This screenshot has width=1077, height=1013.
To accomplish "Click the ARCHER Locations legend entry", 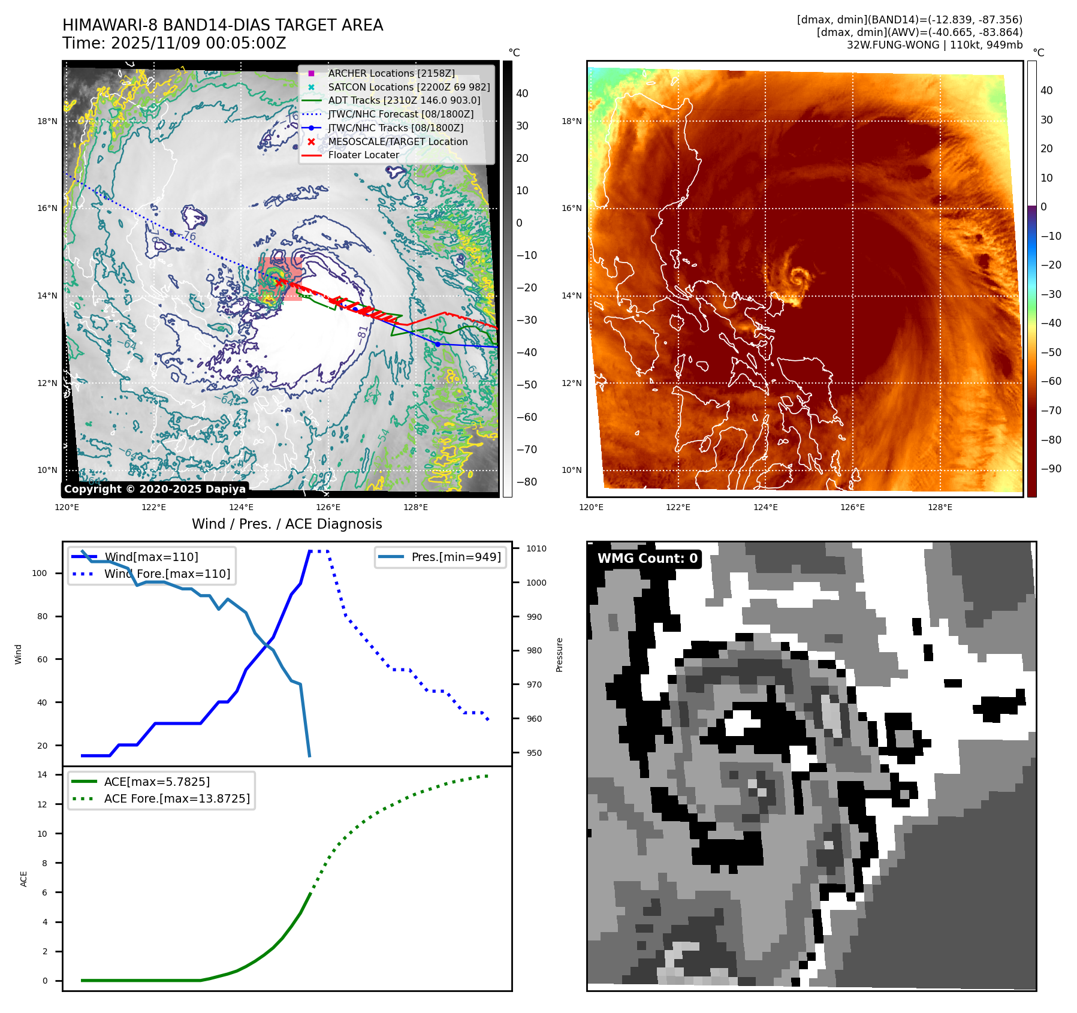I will [x=391, y=73].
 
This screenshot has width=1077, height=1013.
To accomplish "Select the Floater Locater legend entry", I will [x=363, y=155].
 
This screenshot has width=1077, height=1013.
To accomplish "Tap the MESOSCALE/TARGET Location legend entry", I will [x=397, y=141].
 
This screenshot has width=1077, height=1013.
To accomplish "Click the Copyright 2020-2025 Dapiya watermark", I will [x=155, y=489].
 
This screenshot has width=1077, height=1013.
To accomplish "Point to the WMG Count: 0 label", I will [x=647, y=559].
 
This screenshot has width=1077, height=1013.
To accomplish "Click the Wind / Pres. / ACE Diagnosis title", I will [x=286, y=524].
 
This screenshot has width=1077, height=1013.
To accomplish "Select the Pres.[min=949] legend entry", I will [x=455, y=557].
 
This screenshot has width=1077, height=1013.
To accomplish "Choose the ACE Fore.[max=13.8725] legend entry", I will [x=177, y=798].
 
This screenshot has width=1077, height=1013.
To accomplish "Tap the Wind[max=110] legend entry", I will [x=151, y=557].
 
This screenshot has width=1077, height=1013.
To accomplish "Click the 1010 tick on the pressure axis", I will [x=536, y=548].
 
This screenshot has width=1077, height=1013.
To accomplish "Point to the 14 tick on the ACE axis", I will [x=43, y=774].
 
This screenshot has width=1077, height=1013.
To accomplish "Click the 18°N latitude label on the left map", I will [x=47, y=121].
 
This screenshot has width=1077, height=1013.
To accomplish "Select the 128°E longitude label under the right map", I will [x=939, y=507].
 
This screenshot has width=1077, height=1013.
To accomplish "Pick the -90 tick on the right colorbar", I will [x=1051, y=469].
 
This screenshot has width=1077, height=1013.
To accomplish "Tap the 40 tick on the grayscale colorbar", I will [x=522, y=94].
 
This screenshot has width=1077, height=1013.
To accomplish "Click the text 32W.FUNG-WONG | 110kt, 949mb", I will [x=934, y=45].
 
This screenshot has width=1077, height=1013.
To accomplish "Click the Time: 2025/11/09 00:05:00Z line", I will [x=174, y=43].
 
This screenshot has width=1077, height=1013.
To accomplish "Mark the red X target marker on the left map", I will [x=279, y=282].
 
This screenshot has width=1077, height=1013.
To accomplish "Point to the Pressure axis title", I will [x=559, y=655].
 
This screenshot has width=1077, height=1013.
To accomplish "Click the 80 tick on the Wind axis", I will [x=42, y=616].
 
